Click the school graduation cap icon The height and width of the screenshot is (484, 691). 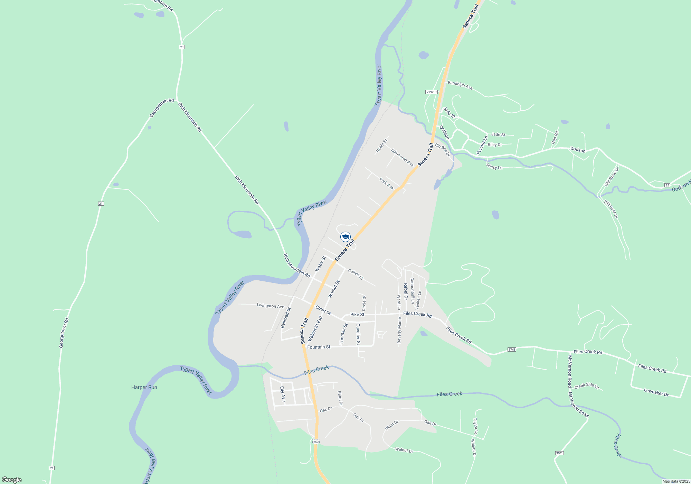click(345, 237)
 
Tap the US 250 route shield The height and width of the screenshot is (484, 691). click(316, 441)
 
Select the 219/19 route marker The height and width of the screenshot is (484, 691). click(432, 92)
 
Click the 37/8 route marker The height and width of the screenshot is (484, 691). click(512, 350)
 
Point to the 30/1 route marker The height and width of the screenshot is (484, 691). click(559, 453)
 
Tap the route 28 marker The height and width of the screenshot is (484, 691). click(667, 185)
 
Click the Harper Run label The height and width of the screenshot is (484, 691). click(144, 387)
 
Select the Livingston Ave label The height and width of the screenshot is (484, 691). click(270, 306)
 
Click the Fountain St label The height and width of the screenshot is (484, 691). click(319, 347)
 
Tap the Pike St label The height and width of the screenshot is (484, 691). click(357, 315)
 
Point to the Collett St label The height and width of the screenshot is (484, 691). click(356, 274)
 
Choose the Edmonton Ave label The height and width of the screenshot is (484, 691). click(402, 157)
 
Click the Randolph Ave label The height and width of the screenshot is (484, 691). click(460, 85)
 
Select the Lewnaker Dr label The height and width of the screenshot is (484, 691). click(656, 392)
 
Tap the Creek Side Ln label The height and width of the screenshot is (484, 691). click(587, 386)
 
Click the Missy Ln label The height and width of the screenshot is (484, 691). click(494, 167)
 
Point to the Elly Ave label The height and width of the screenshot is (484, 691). click(283, 394)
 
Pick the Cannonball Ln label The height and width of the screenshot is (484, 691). click(412, 290)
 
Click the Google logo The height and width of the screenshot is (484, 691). click(12, 480)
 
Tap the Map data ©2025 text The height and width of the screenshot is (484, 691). click(676, 481)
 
